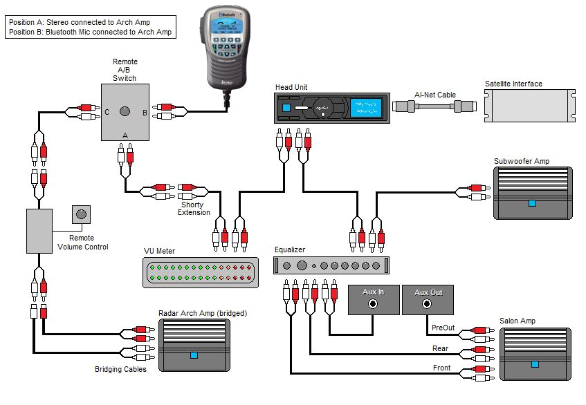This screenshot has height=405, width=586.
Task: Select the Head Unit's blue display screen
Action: pos(365,109)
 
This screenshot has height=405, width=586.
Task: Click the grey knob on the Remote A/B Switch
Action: pos(125,111)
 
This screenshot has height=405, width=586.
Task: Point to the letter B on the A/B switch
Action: pos(144,112)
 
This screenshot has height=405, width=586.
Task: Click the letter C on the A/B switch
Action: pos(107,112)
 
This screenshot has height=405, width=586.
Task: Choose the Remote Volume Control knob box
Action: pos(82,214)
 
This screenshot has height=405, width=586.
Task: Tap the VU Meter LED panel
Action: pos(200,273)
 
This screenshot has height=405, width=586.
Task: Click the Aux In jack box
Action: pos(373,299)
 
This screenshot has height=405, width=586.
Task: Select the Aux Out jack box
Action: pos(428,299)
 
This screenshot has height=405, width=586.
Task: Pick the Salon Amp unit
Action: pos(535,353)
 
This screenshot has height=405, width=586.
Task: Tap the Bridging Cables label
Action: pos(120,370)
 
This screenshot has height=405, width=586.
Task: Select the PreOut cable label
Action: pos(443,328)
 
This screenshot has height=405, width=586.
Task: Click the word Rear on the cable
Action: pos(440,348)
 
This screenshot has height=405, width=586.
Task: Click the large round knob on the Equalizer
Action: pos(302,265)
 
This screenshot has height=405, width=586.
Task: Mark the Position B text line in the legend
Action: pos(90,32)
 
